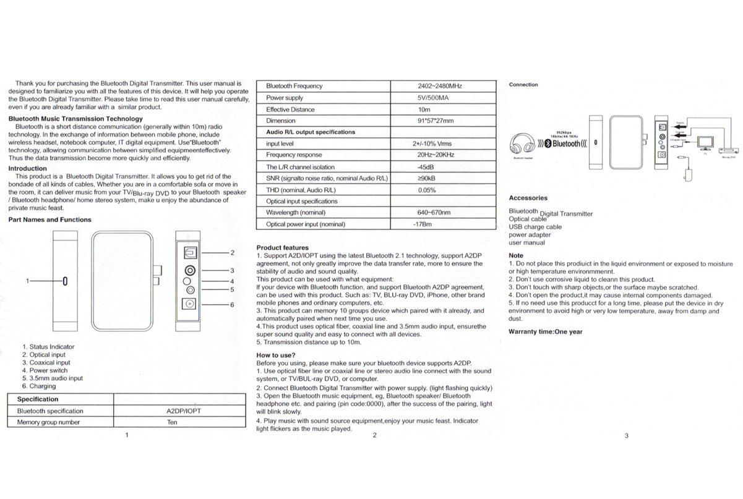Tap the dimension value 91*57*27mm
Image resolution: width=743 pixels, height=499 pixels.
tap(435, 121)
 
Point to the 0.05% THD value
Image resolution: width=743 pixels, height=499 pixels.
tap(427, 190)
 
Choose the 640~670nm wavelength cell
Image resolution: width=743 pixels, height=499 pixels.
tap(434, 213)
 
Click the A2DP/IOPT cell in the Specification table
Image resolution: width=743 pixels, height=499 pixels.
tap(184, 411)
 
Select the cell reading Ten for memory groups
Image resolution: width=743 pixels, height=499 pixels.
tap(172, 422)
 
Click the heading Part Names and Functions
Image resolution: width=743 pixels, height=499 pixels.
tap(49, 220)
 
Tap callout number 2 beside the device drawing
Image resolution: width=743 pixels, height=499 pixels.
tap(232, 252)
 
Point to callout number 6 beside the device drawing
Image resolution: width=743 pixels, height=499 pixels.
tap(232, 305)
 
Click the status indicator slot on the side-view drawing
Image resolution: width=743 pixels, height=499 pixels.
tap(65, 281)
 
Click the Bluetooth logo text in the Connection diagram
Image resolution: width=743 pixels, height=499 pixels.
tap(566, 143)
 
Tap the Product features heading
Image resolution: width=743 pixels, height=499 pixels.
tap(283, 248)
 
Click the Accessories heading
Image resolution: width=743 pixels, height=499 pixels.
tap(528, 198)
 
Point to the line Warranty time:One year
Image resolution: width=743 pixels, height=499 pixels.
tap(545, 331)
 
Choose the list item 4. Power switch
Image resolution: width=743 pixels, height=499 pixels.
tap(45, 370)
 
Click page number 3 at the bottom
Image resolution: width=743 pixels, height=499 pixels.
tap(626, 435)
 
